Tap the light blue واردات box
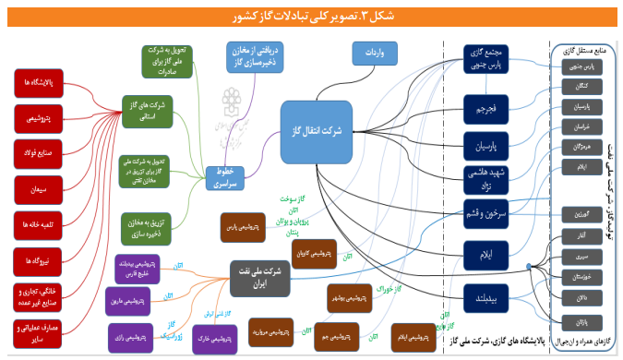tap(374, 56)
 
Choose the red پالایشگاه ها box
tap(39, 84)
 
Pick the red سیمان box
tap(39, 189)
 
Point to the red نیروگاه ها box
tap(39, 260)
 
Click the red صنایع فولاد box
tap(39, 153)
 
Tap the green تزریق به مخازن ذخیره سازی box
tap(149, 226)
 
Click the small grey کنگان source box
tap(581, 86)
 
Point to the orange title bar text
tap(312, 16)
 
